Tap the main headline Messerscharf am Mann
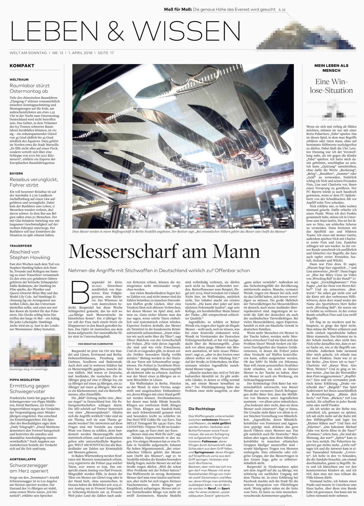[x=164, y=251]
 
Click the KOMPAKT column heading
[x=22, y=66]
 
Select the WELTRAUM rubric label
[x=19, y=80]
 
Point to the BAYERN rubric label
[x=16, y=173]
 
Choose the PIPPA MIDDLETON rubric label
[x=25, y=380]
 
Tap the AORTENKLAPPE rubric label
[x=23, y=459]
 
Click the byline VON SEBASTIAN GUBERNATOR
[x=95, y=344]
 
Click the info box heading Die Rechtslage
[x=202, y=409]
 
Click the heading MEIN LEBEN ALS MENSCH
[x=331, y=68]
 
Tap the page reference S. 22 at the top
[x=282, y=10]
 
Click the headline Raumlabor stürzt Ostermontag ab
[x=30, y=88]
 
